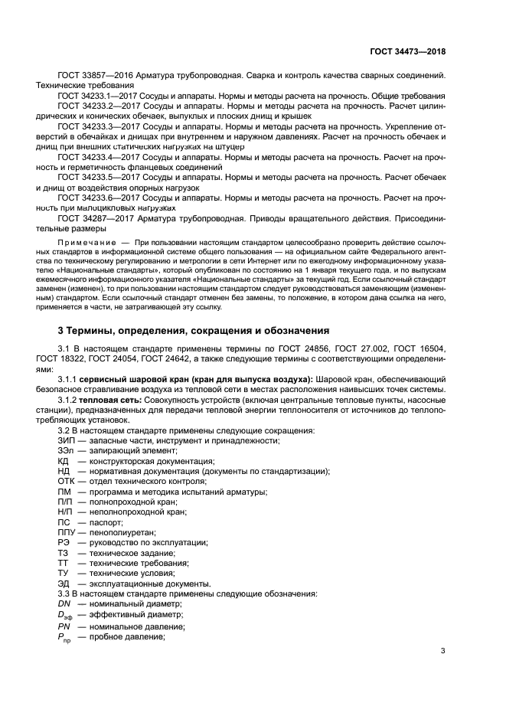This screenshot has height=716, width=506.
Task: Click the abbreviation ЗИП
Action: (66, 440)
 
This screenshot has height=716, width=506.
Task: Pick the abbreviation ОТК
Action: (66, 481)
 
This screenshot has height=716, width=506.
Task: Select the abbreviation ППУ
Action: (67, 532)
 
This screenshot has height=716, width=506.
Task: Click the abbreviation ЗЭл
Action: (66, 451)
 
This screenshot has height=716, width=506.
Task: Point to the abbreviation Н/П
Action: (66, 512)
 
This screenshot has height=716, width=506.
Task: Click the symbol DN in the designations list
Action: (64, 604)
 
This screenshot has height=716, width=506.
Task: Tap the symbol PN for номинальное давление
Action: (64, 626)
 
